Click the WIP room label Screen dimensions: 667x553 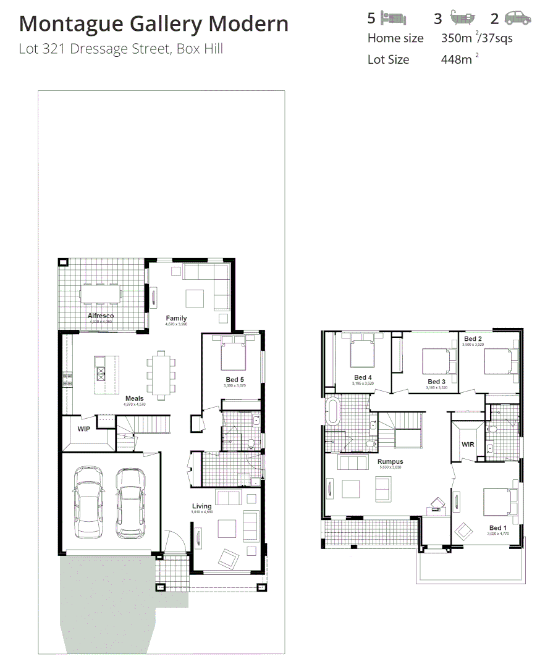(84, 428)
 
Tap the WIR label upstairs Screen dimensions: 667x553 (467, 444)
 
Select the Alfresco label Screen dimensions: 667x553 (100, 316)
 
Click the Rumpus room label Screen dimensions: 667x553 (390, 461)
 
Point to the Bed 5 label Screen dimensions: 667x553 (235, 379)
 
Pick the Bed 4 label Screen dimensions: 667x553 (363, 377)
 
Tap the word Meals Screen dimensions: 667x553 (134, 398)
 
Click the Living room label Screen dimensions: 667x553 (201, 506)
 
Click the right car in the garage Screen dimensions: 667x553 (130, 501)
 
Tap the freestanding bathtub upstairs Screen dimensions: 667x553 (332, 411)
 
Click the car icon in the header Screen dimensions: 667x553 (517, 18)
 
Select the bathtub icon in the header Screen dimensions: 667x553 (462, 17)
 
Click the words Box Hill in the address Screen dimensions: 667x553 (200, 49)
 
